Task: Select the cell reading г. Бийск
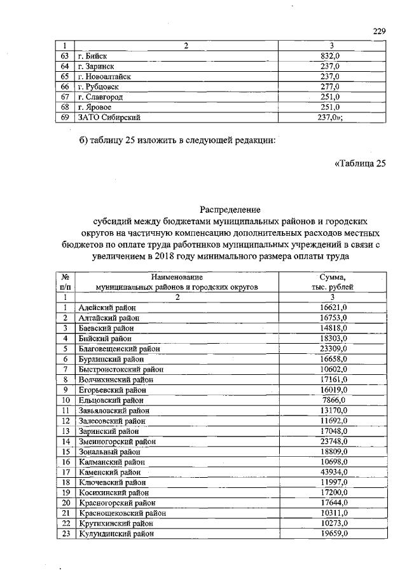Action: tap(92, 56)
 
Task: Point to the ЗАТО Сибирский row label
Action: tap(109, 117)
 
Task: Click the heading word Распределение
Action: tap(230, 209)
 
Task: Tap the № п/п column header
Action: tap(65, 282)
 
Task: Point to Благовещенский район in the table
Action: tap(119, 349)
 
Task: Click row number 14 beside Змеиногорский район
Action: tap(65, 441)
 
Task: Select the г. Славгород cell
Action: tap(100, 97)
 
